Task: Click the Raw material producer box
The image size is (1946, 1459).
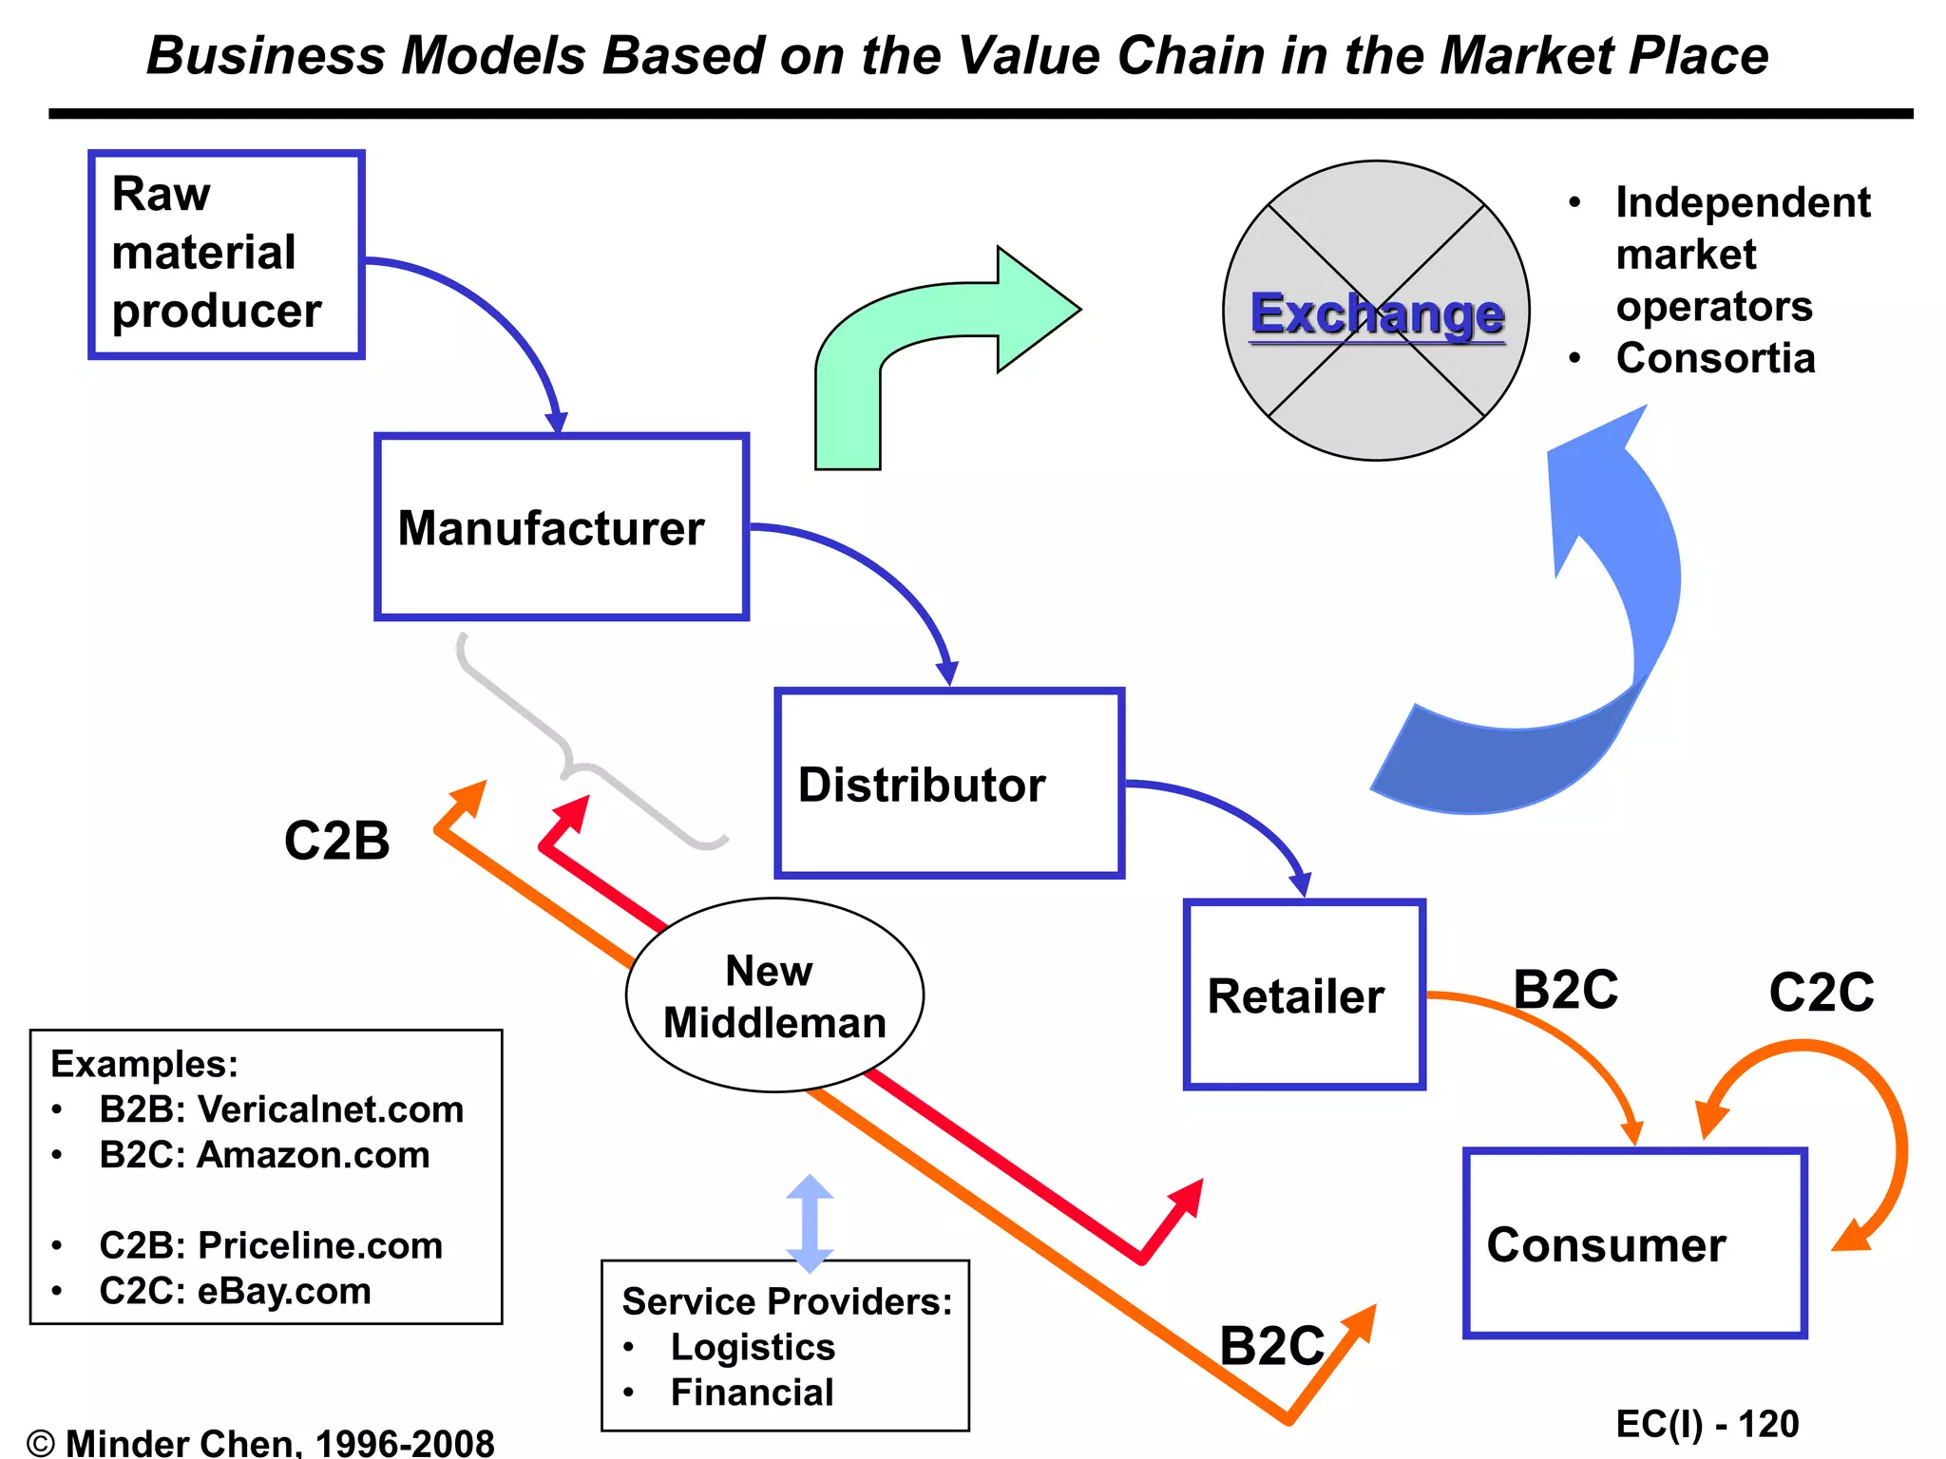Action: pyautogui.click(x=226, y=254)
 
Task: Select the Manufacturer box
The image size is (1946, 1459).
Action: pyautogui.click(x=561, y=527)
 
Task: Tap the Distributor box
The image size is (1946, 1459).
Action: pyautogui.click(x=948, y=783)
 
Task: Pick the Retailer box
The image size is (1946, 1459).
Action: pyautogui.click(x=1304, y=995)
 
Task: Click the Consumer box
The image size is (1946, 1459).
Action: pyautogui.click(x=1634, y=1243)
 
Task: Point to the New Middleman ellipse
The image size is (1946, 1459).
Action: pyautogui.click(x=774, y=995)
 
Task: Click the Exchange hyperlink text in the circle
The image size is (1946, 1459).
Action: pyautogui.click(x=1377, y=313)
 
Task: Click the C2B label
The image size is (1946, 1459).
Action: pyautogui.click(x=336, y=841)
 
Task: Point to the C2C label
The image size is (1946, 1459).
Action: pyautogui.click(x=1821, y=993)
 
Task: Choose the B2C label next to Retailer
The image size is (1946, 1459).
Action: pyautogui.click(x=1565, y=990)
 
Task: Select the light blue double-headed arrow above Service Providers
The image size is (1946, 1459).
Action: pyautogui.click(x=810, y=1223)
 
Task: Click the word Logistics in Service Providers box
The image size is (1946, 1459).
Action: pyautogui.click(x=753, y=1347)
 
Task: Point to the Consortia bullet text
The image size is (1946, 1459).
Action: pyautogui.click(x=1715, y=358)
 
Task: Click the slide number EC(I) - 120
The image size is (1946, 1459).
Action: pyautogui.click(x=1707, y=1424)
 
